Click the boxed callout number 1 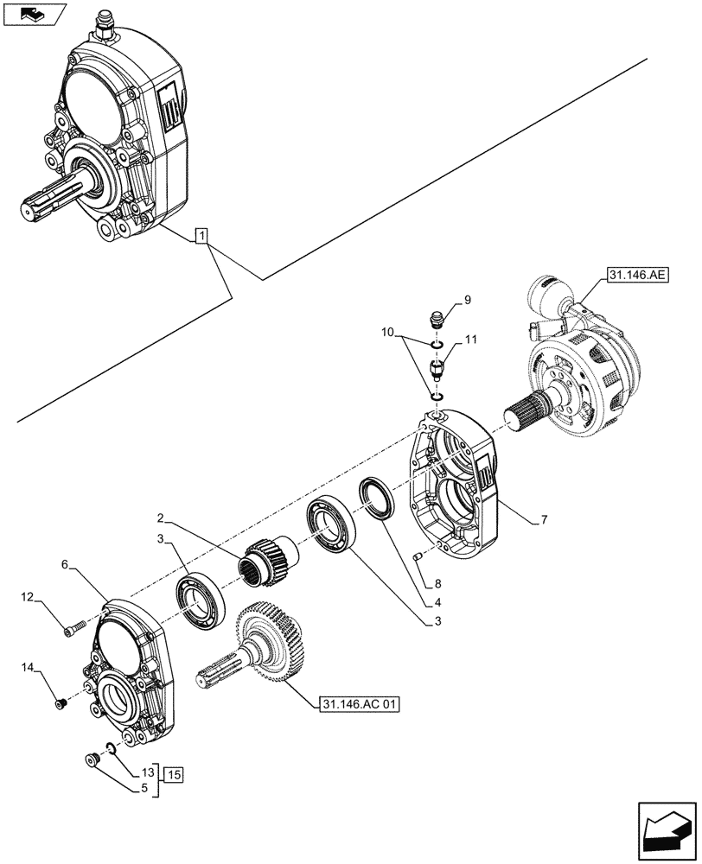[201, 235]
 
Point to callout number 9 [467, 301]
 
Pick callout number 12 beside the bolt [27, 597]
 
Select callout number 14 [27, 667]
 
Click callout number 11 [471, 342]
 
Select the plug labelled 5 [91, 760]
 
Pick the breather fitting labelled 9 [438, 320]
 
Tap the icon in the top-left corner [35, 15]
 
